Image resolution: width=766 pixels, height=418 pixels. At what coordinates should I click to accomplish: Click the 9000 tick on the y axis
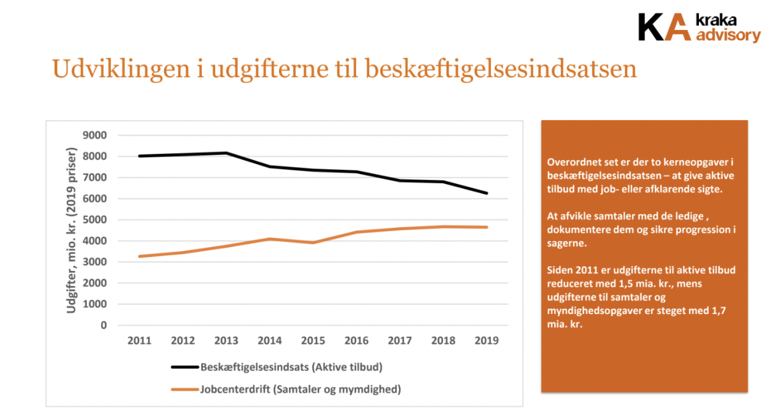(x=94, y=135)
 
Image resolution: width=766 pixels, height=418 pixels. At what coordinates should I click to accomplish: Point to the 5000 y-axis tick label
(x=94, y=220)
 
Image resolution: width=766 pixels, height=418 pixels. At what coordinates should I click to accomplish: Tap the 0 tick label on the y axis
(x=103, y=325)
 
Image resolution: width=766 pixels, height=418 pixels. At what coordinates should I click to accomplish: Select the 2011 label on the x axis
(x=139, y=341)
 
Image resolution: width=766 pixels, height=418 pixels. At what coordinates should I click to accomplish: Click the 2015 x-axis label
(x=313, y=341)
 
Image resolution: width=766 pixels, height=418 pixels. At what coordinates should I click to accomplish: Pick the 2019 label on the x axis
(x=486, y=341)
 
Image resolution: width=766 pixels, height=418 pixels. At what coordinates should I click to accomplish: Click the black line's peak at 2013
(x=227, y=153)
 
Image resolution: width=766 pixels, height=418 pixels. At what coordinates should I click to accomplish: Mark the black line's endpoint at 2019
(x=486, y=193)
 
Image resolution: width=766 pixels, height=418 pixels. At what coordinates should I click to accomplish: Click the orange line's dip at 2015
(x=313, y=243)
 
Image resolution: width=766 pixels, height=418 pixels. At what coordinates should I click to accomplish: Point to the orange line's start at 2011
(x=140, y=257)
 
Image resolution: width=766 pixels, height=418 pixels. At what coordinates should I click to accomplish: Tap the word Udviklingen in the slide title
(x=121, y=70)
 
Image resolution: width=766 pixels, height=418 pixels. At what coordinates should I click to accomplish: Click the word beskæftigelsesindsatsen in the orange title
(x=500, y=70)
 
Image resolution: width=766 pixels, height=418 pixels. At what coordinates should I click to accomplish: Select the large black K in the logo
(x=650, y=27)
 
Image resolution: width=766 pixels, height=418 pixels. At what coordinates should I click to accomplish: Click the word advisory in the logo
(x=728, y=36)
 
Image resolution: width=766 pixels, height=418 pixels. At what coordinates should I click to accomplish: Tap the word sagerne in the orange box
(x=567, y=243)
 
